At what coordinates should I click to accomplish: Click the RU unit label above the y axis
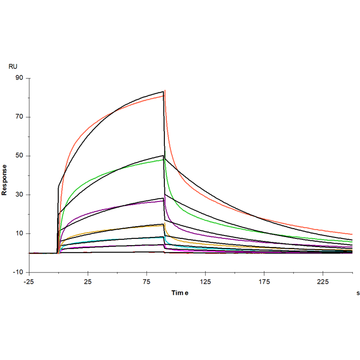13,66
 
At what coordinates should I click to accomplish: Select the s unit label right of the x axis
358,293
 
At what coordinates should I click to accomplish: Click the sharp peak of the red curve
165,90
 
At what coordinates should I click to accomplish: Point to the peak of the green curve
163,160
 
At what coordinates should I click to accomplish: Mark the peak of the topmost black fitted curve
163,91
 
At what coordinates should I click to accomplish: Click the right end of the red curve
352,234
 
